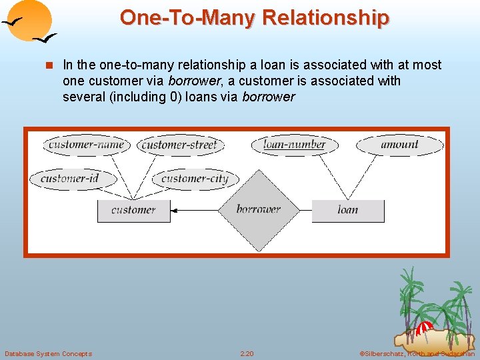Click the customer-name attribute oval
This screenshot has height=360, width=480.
click(x=86, y=145)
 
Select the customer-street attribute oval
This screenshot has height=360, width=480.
click(x=180, y=145)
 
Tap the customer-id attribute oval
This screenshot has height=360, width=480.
click(x=69, y=178)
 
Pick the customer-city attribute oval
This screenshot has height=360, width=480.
click(x=195, y=178)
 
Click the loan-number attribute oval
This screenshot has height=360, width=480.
click(x=294, y=144)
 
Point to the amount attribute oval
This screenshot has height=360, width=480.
click(x=399, y=144)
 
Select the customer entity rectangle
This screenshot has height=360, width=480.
click(x=133, y=211)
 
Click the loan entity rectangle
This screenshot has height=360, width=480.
click(x=348, y=211)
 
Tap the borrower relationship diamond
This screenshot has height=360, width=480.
click(x=258, y=210)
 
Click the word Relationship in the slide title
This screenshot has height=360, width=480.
click(x=326, y=18)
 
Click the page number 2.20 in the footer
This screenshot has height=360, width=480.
click(x=247, y=353)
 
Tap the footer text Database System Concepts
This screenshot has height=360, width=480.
click(x=48, y=353)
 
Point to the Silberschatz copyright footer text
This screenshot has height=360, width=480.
click(x=416, y=353)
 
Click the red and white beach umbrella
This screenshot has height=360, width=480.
click(x=424, y=328)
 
